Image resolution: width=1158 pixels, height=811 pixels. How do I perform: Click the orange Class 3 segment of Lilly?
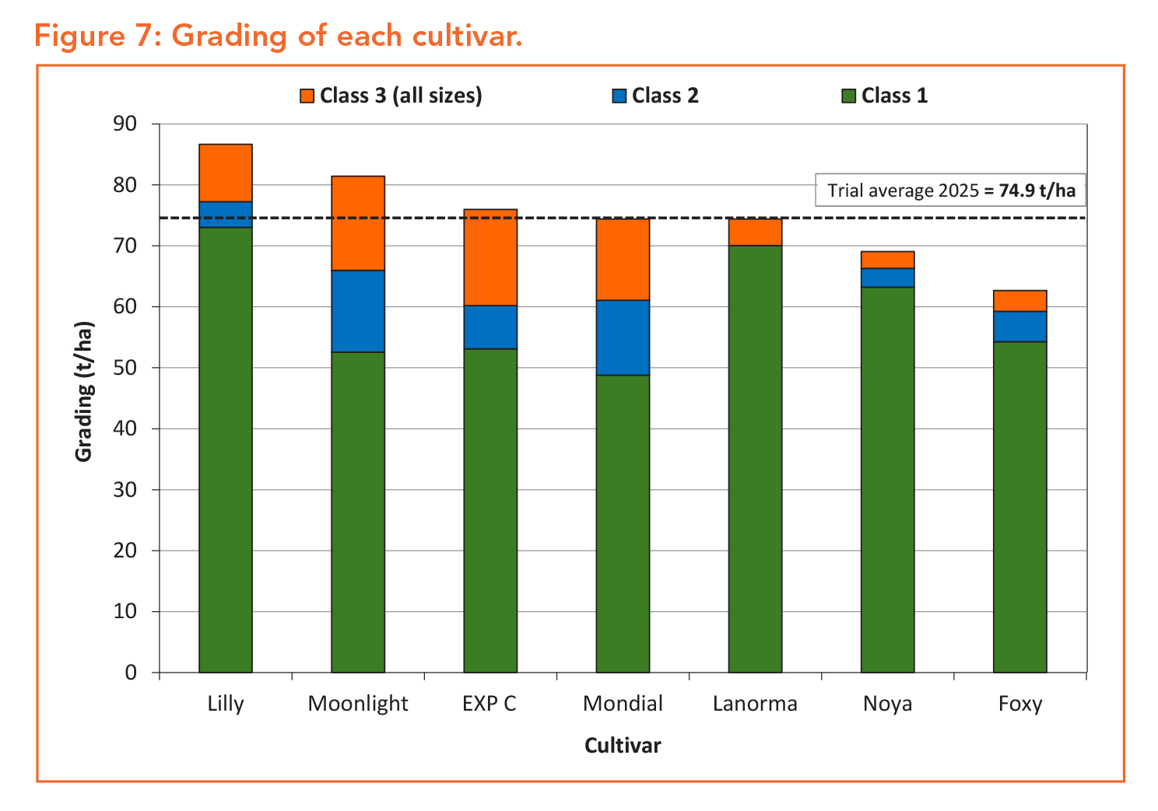click(226, 173)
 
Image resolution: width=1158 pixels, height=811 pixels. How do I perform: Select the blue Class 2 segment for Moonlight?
click(358, 311)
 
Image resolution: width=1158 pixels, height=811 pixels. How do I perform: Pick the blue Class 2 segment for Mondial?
click(623, 337)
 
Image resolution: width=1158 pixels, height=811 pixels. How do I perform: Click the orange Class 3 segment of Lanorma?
click(755, 232)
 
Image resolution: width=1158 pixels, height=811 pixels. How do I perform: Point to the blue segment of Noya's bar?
click(887, 278)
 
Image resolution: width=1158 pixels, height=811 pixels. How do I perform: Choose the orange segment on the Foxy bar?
click(1019, 301)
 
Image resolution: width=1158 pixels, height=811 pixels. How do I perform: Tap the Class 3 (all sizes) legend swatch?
click(307, 96)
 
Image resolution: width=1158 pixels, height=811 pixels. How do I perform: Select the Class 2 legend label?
click(665, 96)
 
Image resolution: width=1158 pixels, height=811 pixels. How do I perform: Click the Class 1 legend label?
click(894, 96)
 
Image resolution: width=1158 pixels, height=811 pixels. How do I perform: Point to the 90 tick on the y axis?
click(125, 124)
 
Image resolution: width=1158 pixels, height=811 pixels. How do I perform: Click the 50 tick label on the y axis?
click(125, 368)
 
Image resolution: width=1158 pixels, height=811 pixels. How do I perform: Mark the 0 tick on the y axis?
click(131, 673)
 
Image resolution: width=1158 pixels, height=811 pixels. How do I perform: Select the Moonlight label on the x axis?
click(358, 704)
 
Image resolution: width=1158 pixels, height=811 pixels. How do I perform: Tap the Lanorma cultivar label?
click(755, 704)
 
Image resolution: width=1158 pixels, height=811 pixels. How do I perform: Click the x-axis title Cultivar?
click(623, 746)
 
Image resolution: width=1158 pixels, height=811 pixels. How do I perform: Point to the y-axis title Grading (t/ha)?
click(84, 391)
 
